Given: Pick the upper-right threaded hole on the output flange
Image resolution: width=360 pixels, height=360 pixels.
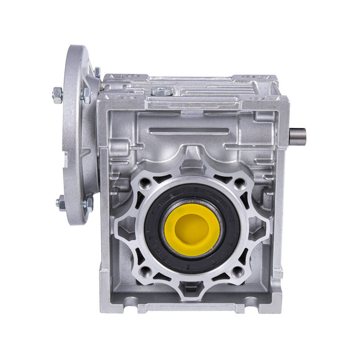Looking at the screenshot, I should [240, 183].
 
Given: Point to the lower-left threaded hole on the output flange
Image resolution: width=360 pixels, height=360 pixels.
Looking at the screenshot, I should [144, 271].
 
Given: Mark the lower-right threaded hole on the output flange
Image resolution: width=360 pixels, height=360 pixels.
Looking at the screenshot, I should [238, 271].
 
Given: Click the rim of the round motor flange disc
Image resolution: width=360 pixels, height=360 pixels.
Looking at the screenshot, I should [72, 135].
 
